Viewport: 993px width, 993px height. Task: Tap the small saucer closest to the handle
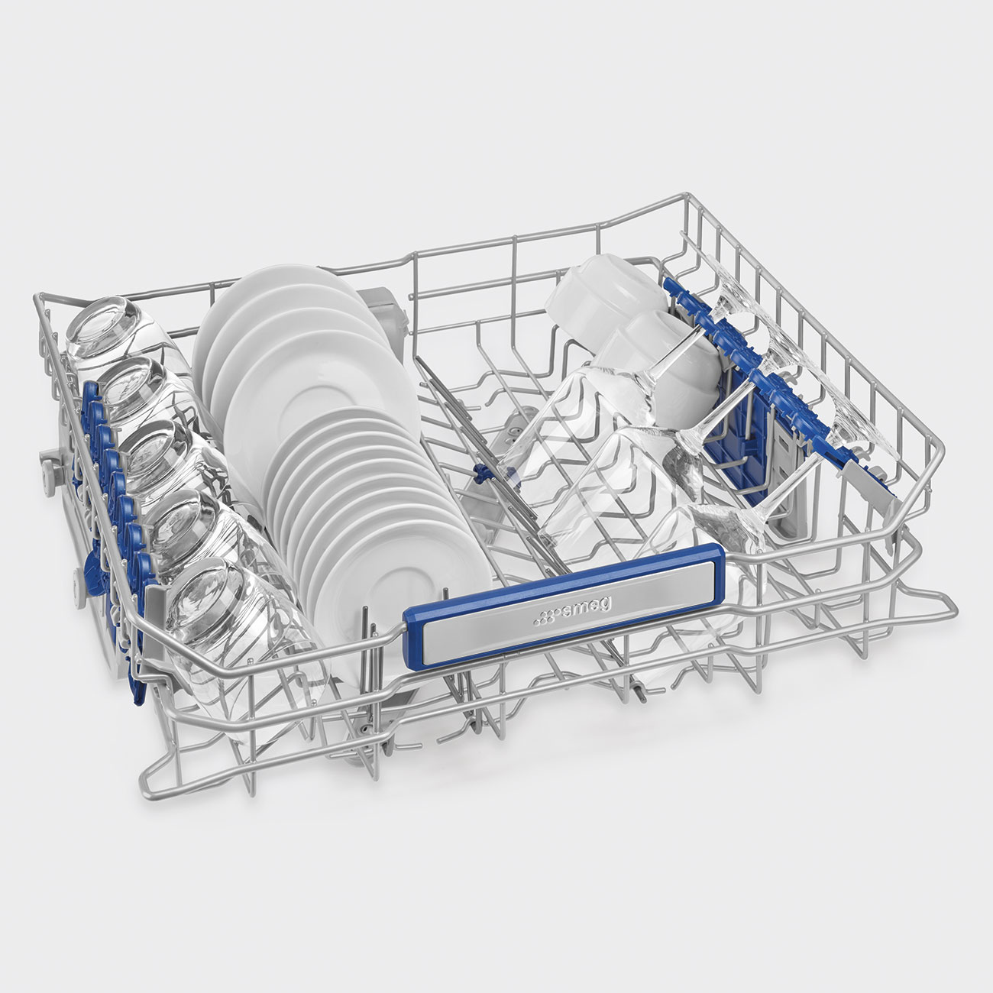(x=402, y=593)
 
